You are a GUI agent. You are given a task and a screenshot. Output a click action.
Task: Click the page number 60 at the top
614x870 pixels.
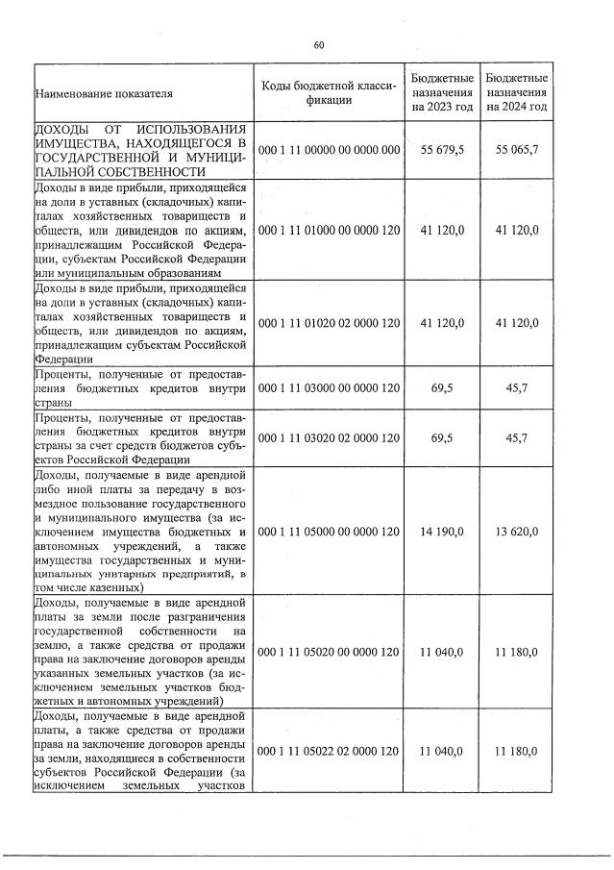(x=318, y=44)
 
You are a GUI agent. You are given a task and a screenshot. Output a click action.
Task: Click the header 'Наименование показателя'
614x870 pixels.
(x=103, y=94)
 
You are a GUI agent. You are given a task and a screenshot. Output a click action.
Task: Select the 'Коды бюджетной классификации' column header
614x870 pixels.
(x=329, y=93)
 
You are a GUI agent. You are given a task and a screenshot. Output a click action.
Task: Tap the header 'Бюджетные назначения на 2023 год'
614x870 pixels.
(x=442, y=92)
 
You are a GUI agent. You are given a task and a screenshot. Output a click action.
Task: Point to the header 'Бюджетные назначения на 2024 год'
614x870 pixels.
(x=517, y=92)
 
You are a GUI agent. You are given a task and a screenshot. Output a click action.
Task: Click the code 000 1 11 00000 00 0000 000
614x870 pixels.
(x=329, y=151)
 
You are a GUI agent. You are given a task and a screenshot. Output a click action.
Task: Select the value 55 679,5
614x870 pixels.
(x=442, y=151)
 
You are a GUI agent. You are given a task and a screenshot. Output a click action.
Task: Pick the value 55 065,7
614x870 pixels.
(x=517, y=151)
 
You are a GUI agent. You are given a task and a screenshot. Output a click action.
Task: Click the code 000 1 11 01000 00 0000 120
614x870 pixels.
(x=329, y=231)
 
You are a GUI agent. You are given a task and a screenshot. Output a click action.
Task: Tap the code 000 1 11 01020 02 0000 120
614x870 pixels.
(x=329, y=323)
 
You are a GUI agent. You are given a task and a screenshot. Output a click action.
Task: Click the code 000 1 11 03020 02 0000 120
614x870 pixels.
(x=329, y=438)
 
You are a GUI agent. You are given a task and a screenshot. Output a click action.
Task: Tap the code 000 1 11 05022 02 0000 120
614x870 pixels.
(x=329, y=751)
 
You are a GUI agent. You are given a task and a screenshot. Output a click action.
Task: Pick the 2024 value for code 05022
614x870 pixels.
(x=517, y=751)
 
